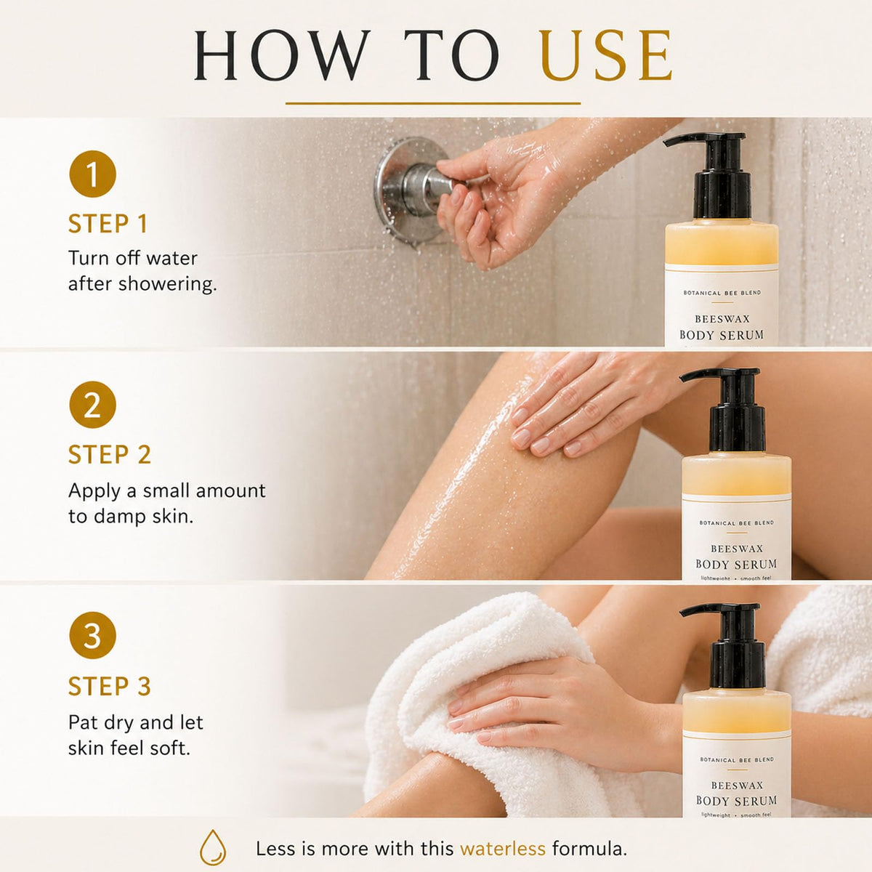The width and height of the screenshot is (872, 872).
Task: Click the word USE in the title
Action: (x=606, y=55)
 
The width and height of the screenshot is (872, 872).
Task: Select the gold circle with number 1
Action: (x=92, y=174)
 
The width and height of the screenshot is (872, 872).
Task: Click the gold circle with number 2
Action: (x=92, y=405)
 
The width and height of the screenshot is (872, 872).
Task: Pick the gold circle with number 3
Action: (x=92, y=635)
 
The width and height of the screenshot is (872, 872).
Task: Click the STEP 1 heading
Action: (x=108, y=224)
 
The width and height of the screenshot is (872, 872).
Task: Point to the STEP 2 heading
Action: (x=110, y=454)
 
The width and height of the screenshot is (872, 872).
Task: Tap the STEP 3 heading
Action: (x=110, y=686)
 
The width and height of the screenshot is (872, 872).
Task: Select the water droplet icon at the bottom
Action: (x=213, y=847)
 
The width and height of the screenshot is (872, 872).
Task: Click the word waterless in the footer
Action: (x=503, y=849)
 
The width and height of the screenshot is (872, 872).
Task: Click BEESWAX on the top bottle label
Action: (x=722, y=319)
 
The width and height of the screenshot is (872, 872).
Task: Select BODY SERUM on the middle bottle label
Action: (x=736, y=565)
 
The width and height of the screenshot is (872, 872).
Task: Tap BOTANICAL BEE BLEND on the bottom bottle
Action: (x=737, y=759)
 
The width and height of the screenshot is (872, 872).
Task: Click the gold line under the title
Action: (x=433, y=104)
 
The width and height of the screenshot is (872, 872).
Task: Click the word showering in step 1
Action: (x=167, y=284)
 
